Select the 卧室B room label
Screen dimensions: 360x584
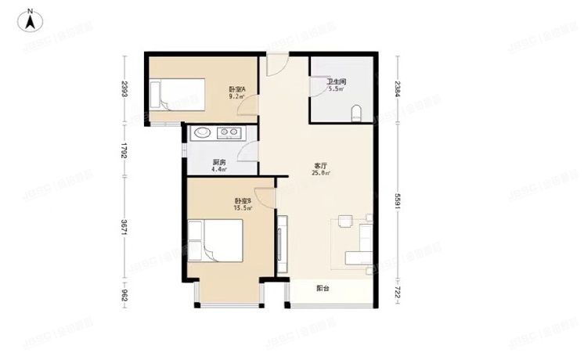(x=241, y=203)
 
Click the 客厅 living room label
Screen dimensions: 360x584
(x=320, y=166)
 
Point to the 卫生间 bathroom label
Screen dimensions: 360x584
(x=337, y=81)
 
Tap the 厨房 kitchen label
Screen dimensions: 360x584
(x=219, y=163)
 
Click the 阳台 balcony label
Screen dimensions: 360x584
(x=323, y=289)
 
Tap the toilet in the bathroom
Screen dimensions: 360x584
(x=357, y=113)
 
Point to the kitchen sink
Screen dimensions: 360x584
(x=202, y=132)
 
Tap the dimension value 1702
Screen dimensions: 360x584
(x=124, y=150)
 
